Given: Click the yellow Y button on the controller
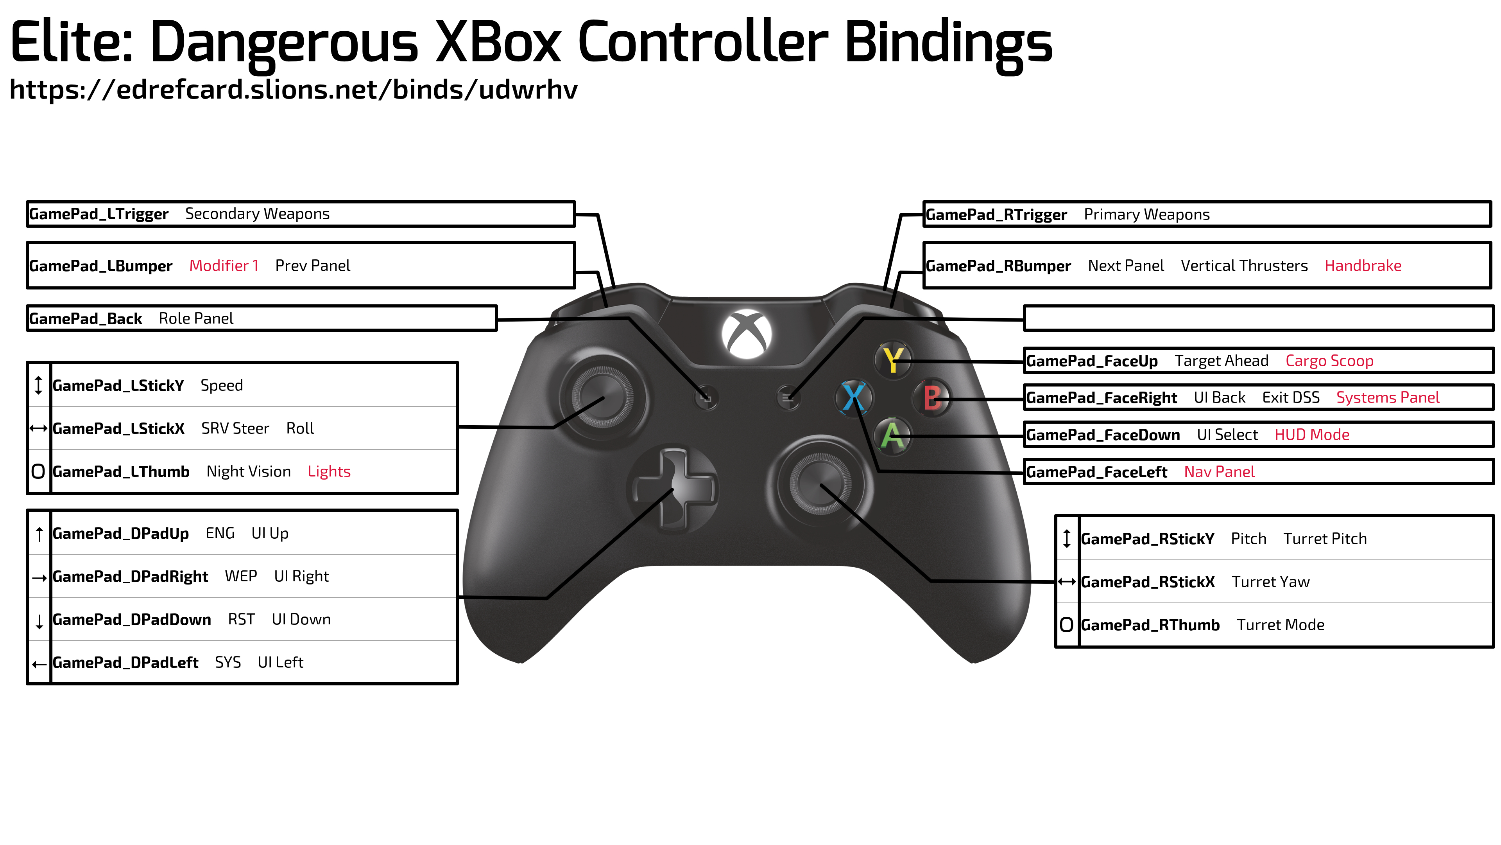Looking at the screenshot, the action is [x=893, y=360].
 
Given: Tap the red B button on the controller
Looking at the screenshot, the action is [x=932, y=398].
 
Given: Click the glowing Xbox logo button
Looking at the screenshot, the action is [x=747, y=334].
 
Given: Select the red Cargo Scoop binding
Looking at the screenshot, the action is [x=1329, y=361].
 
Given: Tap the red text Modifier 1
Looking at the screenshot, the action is [x=224, y=266].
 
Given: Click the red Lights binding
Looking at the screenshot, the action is [x=329, y=472].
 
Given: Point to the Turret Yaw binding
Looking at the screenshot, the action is [x=1270, y=582].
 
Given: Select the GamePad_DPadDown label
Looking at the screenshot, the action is [x=132, y=619].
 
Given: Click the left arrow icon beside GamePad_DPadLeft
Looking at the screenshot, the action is [x=39, y=663].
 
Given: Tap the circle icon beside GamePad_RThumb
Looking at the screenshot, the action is [x=1066, y=625].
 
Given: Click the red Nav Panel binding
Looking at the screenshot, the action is [x=1219, y=472].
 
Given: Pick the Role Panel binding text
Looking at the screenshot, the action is [x=196, y=319].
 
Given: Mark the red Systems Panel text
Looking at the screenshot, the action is [x=1387, y=398].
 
